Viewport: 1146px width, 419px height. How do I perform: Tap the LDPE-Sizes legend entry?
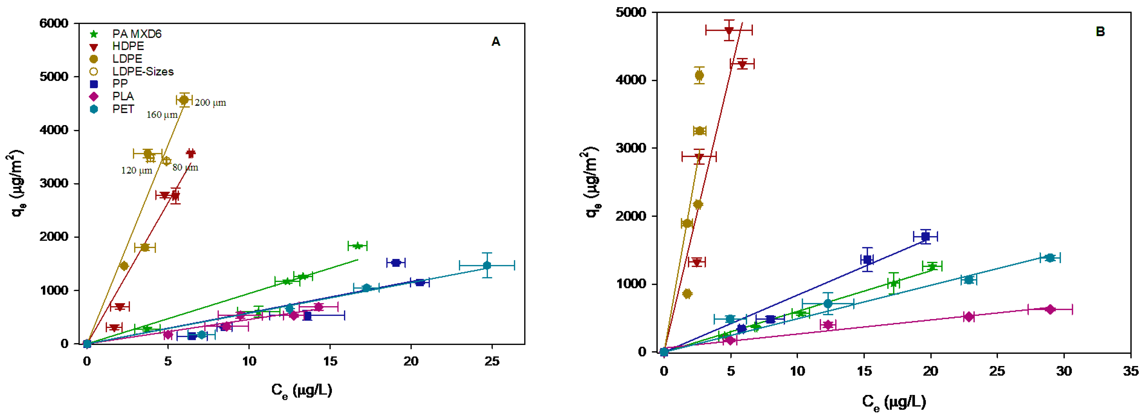pos(142,72)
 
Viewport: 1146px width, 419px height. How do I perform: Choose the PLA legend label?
pos(123,96)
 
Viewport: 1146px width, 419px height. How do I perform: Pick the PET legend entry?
pos(123,109)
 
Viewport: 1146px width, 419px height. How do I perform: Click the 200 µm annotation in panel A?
pos(210,103)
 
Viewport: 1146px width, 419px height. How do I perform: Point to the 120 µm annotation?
pos(137,171)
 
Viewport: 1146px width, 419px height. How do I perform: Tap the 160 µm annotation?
pos(162,115)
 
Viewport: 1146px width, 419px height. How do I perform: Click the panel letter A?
pos(496,42)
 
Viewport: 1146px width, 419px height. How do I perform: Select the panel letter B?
pos(1100,32)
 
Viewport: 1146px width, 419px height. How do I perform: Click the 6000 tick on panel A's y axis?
pos(54,23)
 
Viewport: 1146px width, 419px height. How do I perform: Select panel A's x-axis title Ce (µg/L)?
pos(302,391)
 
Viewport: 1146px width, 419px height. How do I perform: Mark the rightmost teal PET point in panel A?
pos(487,265)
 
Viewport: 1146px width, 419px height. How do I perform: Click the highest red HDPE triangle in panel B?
pos(729,30)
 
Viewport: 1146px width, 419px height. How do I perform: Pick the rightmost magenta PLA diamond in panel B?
pos(1050,309)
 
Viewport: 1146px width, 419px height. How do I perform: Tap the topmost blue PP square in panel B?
pos(925,236)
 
